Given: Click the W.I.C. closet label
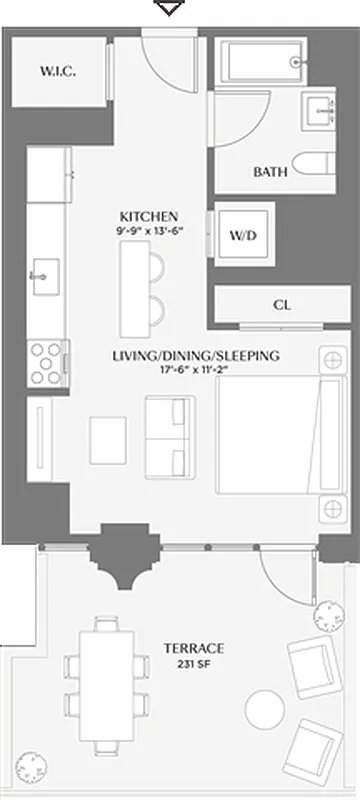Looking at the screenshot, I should (58, 71).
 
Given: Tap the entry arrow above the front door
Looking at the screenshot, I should (172, 9).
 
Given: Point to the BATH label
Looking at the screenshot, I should (269, 172).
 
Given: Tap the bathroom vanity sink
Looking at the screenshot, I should (322, 107).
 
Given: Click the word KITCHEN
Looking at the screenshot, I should (149, 217).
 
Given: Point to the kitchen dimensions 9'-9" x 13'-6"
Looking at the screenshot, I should (149, 232).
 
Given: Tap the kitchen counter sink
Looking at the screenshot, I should (44, 273).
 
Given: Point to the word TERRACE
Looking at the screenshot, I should (194, 648).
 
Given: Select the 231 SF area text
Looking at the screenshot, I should (194, 664).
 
